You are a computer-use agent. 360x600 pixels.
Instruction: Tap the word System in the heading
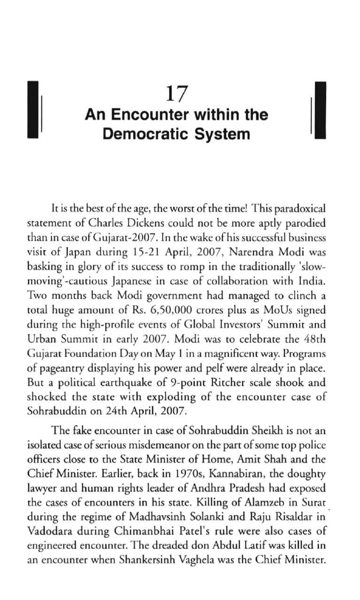tap(224, 134)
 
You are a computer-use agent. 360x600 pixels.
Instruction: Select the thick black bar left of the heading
tap(32, 110)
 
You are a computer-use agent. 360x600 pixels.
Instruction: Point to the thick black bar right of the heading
tap(320, 110)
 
